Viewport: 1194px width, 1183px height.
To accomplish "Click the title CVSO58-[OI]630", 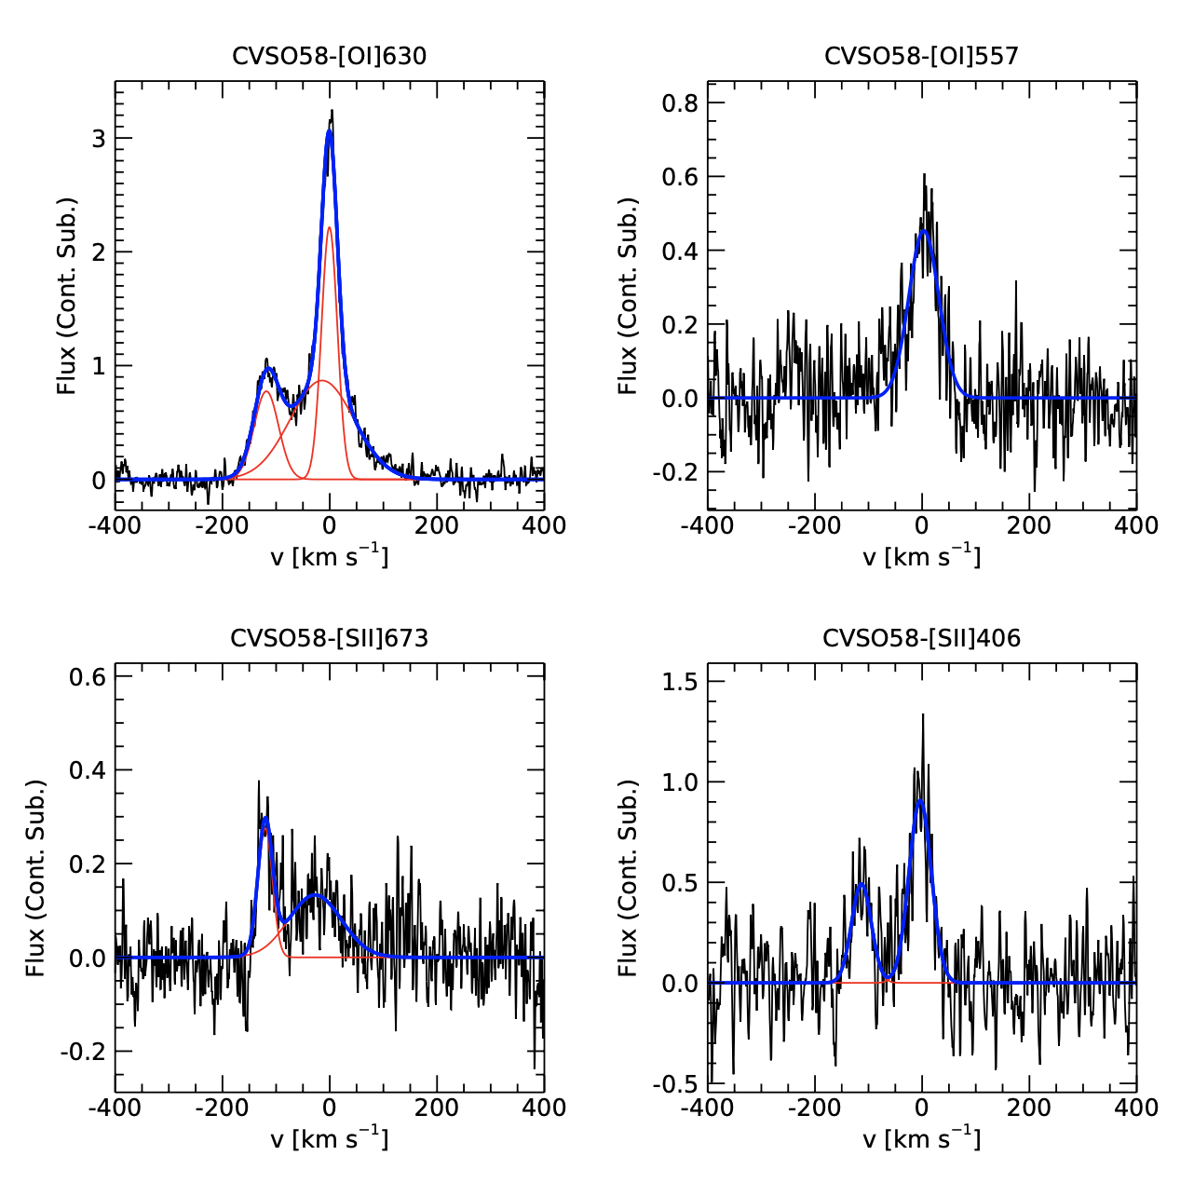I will (x=329, y=56).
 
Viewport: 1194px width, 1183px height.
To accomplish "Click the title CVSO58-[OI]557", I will (x=921, y=56).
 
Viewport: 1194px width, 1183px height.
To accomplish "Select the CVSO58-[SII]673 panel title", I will (x=329, y=638).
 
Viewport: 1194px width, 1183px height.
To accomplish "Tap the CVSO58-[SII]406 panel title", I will (x=921, y=638).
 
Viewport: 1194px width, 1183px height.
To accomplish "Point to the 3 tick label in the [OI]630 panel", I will (x=99, y=139).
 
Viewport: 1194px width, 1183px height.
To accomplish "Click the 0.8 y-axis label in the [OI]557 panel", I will (x=680, y=102).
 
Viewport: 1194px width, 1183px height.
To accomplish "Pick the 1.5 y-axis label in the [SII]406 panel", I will (x=680, y=682).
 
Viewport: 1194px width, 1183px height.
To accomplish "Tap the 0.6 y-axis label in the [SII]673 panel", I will (x=88, y=676).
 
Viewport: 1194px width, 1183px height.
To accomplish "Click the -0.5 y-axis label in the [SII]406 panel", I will (x=676, y=1084).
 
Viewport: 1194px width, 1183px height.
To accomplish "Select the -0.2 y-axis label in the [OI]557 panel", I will (x=676, y=472).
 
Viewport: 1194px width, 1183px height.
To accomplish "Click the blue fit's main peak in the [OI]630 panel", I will (x=329, y=132).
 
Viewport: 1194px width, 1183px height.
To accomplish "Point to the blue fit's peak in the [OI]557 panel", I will (x=923, y=231).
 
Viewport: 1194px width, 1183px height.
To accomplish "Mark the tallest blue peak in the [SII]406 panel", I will (x=920, y=800).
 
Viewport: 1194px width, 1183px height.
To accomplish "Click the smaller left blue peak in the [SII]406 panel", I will (x=861, y=884).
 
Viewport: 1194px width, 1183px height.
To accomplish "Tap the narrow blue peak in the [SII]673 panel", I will (x=265, y=819).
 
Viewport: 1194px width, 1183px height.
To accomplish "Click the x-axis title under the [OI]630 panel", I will (x=329, y=556).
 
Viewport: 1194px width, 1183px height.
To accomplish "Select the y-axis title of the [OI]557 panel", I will (x=629, y=295).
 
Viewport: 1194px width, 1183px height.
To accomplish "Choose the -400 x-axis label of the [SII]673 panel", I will (x=115, y=1108).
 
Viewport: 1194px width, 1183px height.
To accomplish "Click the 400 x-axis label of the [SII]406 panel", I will (x=1136, y=1108).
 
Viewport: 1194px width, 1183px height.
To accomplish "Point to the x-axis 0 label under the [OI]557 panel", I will (x=922, y=526).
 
